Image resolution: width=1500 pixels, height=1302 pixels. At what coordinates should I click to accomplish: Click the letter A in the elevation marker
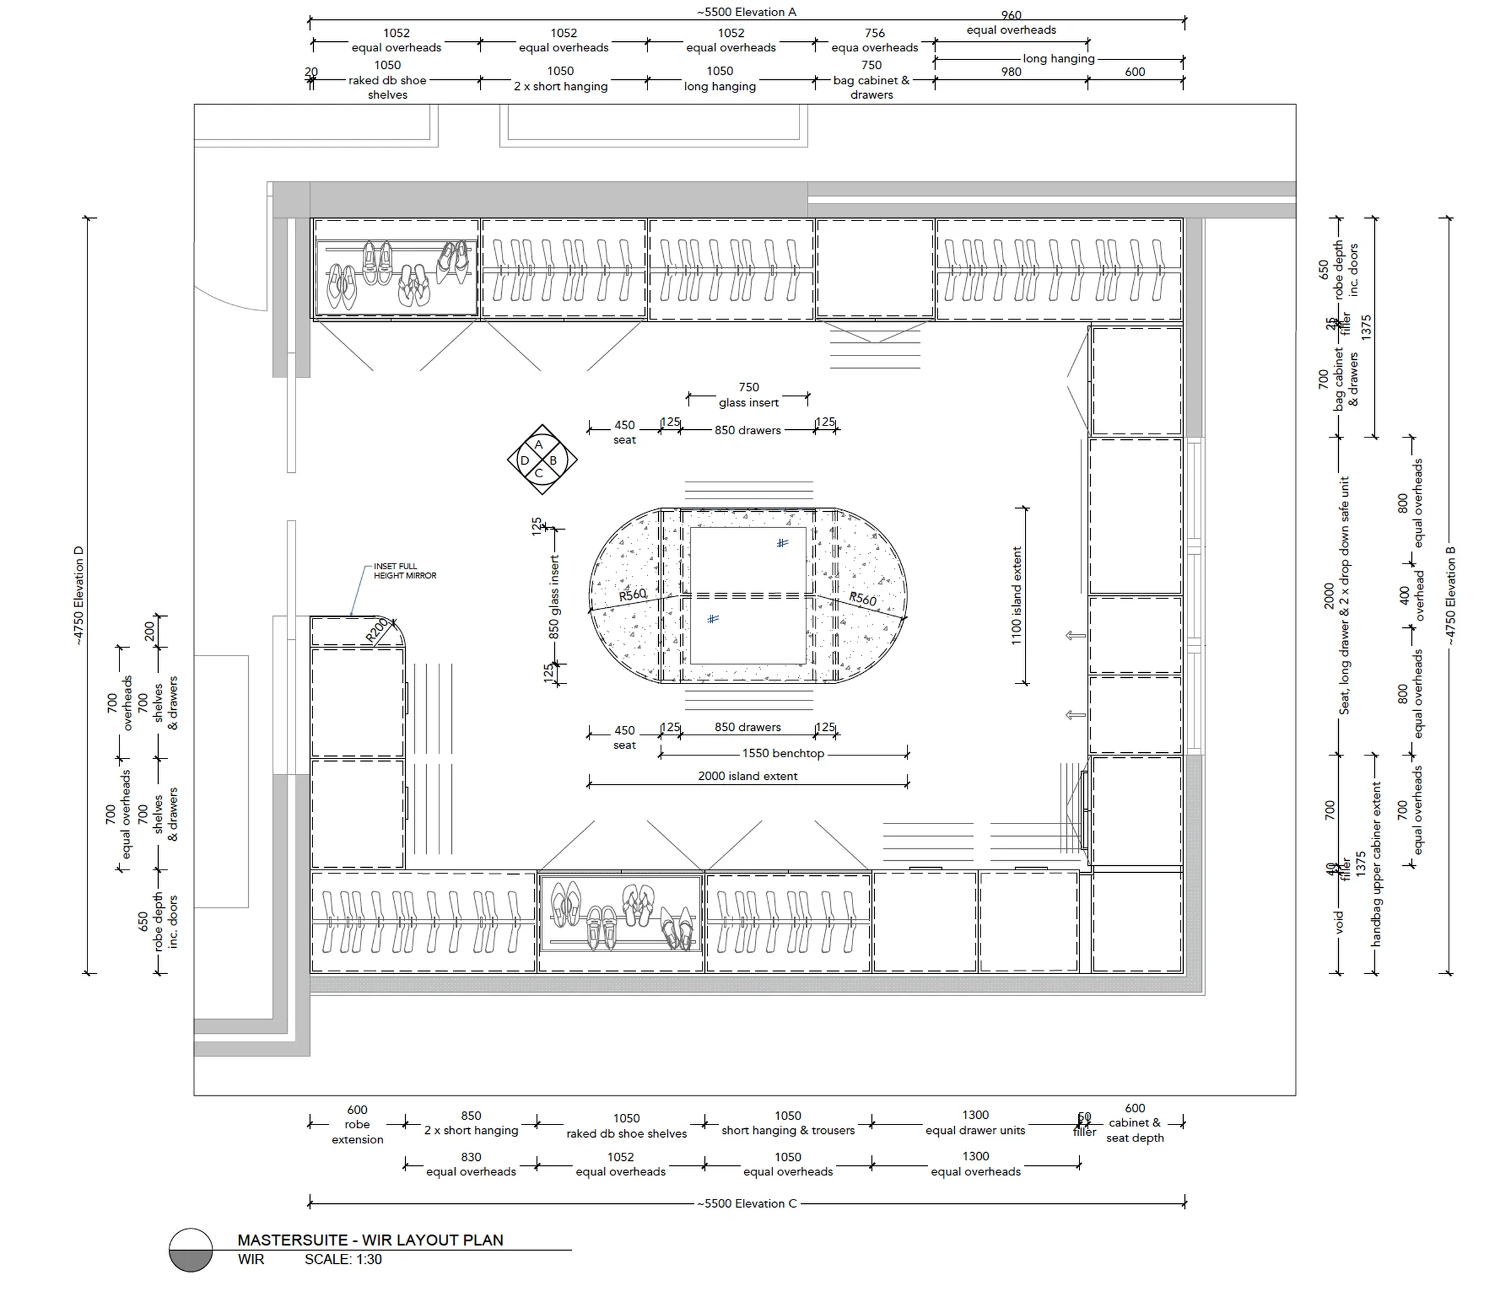click(x=539, y=445)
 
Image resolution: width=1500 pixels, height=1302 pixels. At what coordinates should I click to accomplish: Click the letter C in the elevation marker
click(x=539, y=474)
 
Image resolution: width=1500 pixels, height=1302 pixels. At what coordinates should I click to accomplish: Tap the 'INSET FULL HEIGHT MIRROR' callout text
click(x=405, y=571)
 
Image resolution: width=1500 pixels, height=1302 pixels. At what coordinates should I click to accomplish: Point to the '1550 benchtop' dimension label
click(x=782, y=753)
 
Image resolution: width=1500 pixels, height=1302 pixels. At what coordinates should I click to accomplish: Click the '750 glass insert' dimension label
click(x=749, y=394)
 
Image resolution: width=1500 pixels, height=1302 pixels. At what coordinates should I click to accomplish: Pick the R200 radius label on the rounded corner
click(x=377, y=630)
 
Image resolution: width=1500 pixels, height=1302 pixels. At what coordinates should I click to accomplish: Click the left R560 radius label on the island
click(x=632, y=594)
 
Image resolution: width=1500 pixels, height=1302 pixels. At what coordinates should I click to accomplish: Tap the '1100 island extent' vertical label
click(x=1017, y=596)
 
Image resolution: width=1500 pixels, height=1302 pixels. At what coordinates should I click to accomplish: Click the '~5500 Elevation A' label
click(x=746, y=12)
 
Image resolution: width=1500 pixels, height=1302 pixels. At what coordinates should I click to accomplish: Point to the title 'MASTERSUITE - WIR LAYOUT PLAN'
click(x=370, y=1240)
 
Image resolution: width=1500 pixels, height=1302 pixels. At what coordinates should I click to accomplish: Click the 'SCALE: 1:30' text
click(x=342, y=1259)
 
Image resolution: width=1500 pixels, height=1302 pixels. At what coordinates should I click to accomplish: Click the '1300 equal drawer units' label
click(x=974, y=1123)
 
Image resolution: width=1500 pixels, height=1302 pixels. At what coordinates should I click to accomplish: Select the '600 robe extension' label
click(x=357, y=1124)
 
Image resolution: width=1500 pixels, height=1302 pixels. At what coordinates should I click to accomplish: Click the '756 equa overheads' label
click(x=874, y=40)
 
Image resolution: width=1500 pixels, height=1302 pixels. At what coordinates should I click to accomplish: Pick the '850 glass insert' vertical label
click(x=554, y=597)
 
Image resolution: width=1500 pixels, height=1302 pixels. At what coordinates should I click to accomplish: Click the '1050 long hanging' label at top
click(x=719, y=79)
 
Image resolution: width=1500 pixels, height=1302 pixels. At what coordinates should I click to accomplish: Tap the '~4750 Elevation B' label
click(x=1451, y=596)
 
